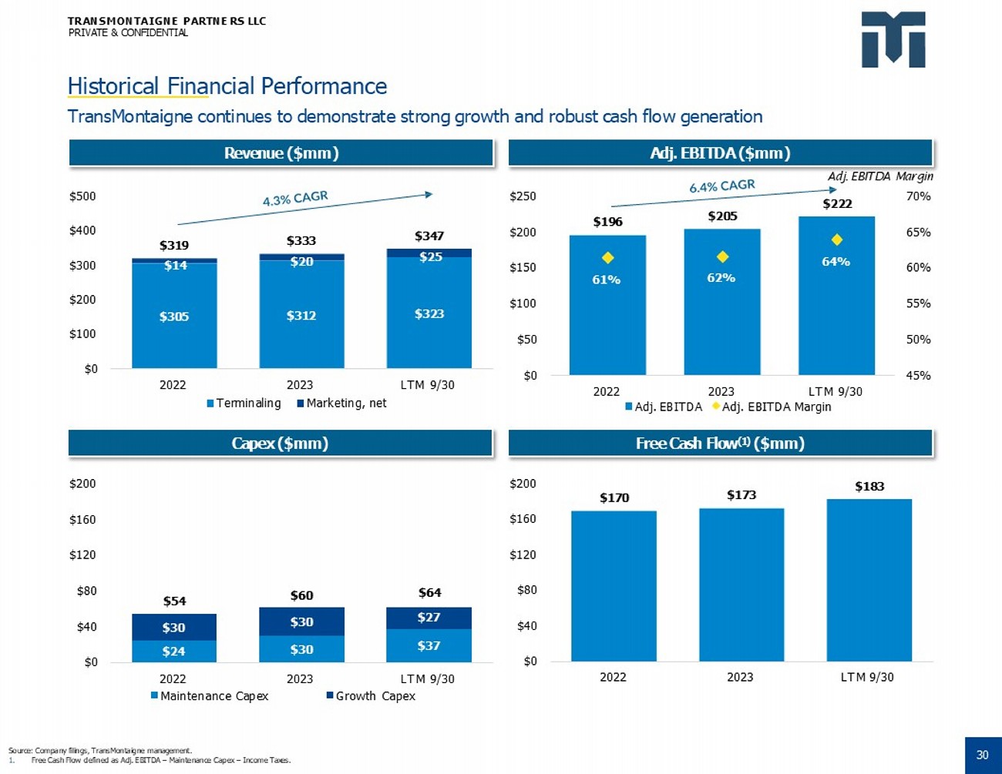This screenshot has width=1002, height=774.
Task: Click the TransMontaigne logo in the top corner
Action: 893,39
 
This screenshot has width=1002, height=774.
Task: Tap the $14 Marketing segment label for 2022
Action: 175,265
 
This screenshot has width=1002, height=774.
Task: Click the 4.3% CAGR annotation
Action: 295,199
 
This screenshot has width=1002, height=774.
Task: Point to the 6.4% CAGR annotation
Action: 721,186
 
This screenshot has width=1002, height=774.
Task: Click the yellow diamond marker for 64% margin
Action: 837,240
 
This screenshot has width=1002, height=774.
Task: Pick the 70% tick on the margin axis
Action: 918,196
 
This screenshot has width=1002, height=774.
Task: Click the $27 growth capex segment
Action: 429,617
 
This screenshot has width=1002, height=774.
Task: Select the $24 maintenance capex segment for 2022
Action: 173,652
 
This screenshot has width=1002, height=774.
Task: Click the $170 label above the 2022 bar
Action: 614,498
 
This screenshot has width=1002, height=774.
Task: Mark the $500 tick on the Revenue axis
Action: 82,196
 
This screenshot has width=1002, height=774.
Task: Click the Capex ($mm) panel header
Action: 280,443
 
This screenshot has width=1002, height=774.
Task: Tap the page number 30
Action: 982,755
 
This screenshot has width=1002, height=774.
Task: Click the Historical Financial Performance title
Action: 227,85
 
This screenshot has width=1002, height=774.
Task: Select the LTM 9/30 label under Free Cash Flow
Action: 867,677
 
